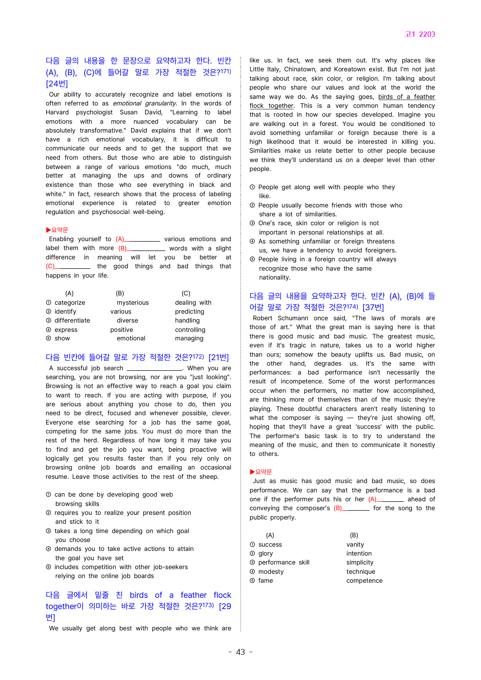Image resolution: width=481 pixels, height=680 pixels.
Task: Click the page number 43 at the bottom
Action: (240, 652)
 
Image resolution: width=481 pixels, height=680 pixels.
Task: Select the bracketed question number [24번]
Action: (57, 84)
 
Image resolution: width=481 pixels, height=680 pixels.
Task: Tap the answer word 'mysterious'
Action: (133, 303)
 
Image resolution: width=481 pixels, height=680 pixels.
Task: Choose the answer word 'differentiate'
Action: (72, 321)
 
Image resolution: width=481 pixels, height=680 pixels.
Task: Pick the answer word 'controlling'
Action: (190, 330)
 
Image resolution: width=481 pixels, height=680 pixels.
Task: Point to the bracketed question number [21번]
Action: (218, 357)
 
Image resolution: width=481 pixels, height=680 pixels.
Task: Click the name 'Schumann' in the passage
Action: (293, 318)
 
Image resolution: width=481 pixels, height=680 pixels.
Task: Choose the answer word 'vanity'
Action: (355, 545)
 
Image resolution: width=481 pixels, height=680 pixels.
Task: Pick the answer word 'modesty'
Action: (271, 572)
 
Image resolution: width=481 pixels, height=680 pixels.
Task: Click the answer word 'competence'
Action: (364, 581)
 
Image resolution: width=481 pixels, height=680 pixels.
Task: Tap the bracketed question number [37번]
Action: (373, 307)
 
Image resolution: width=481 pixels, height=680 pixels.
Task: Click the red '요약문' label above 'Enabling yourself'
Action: (59, 230)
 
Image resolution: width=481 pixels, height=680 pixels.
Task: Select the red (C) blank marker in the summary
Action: (50, 266)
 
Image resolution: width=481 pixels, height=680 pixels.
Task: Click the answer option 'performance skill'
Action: (284, 563)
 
